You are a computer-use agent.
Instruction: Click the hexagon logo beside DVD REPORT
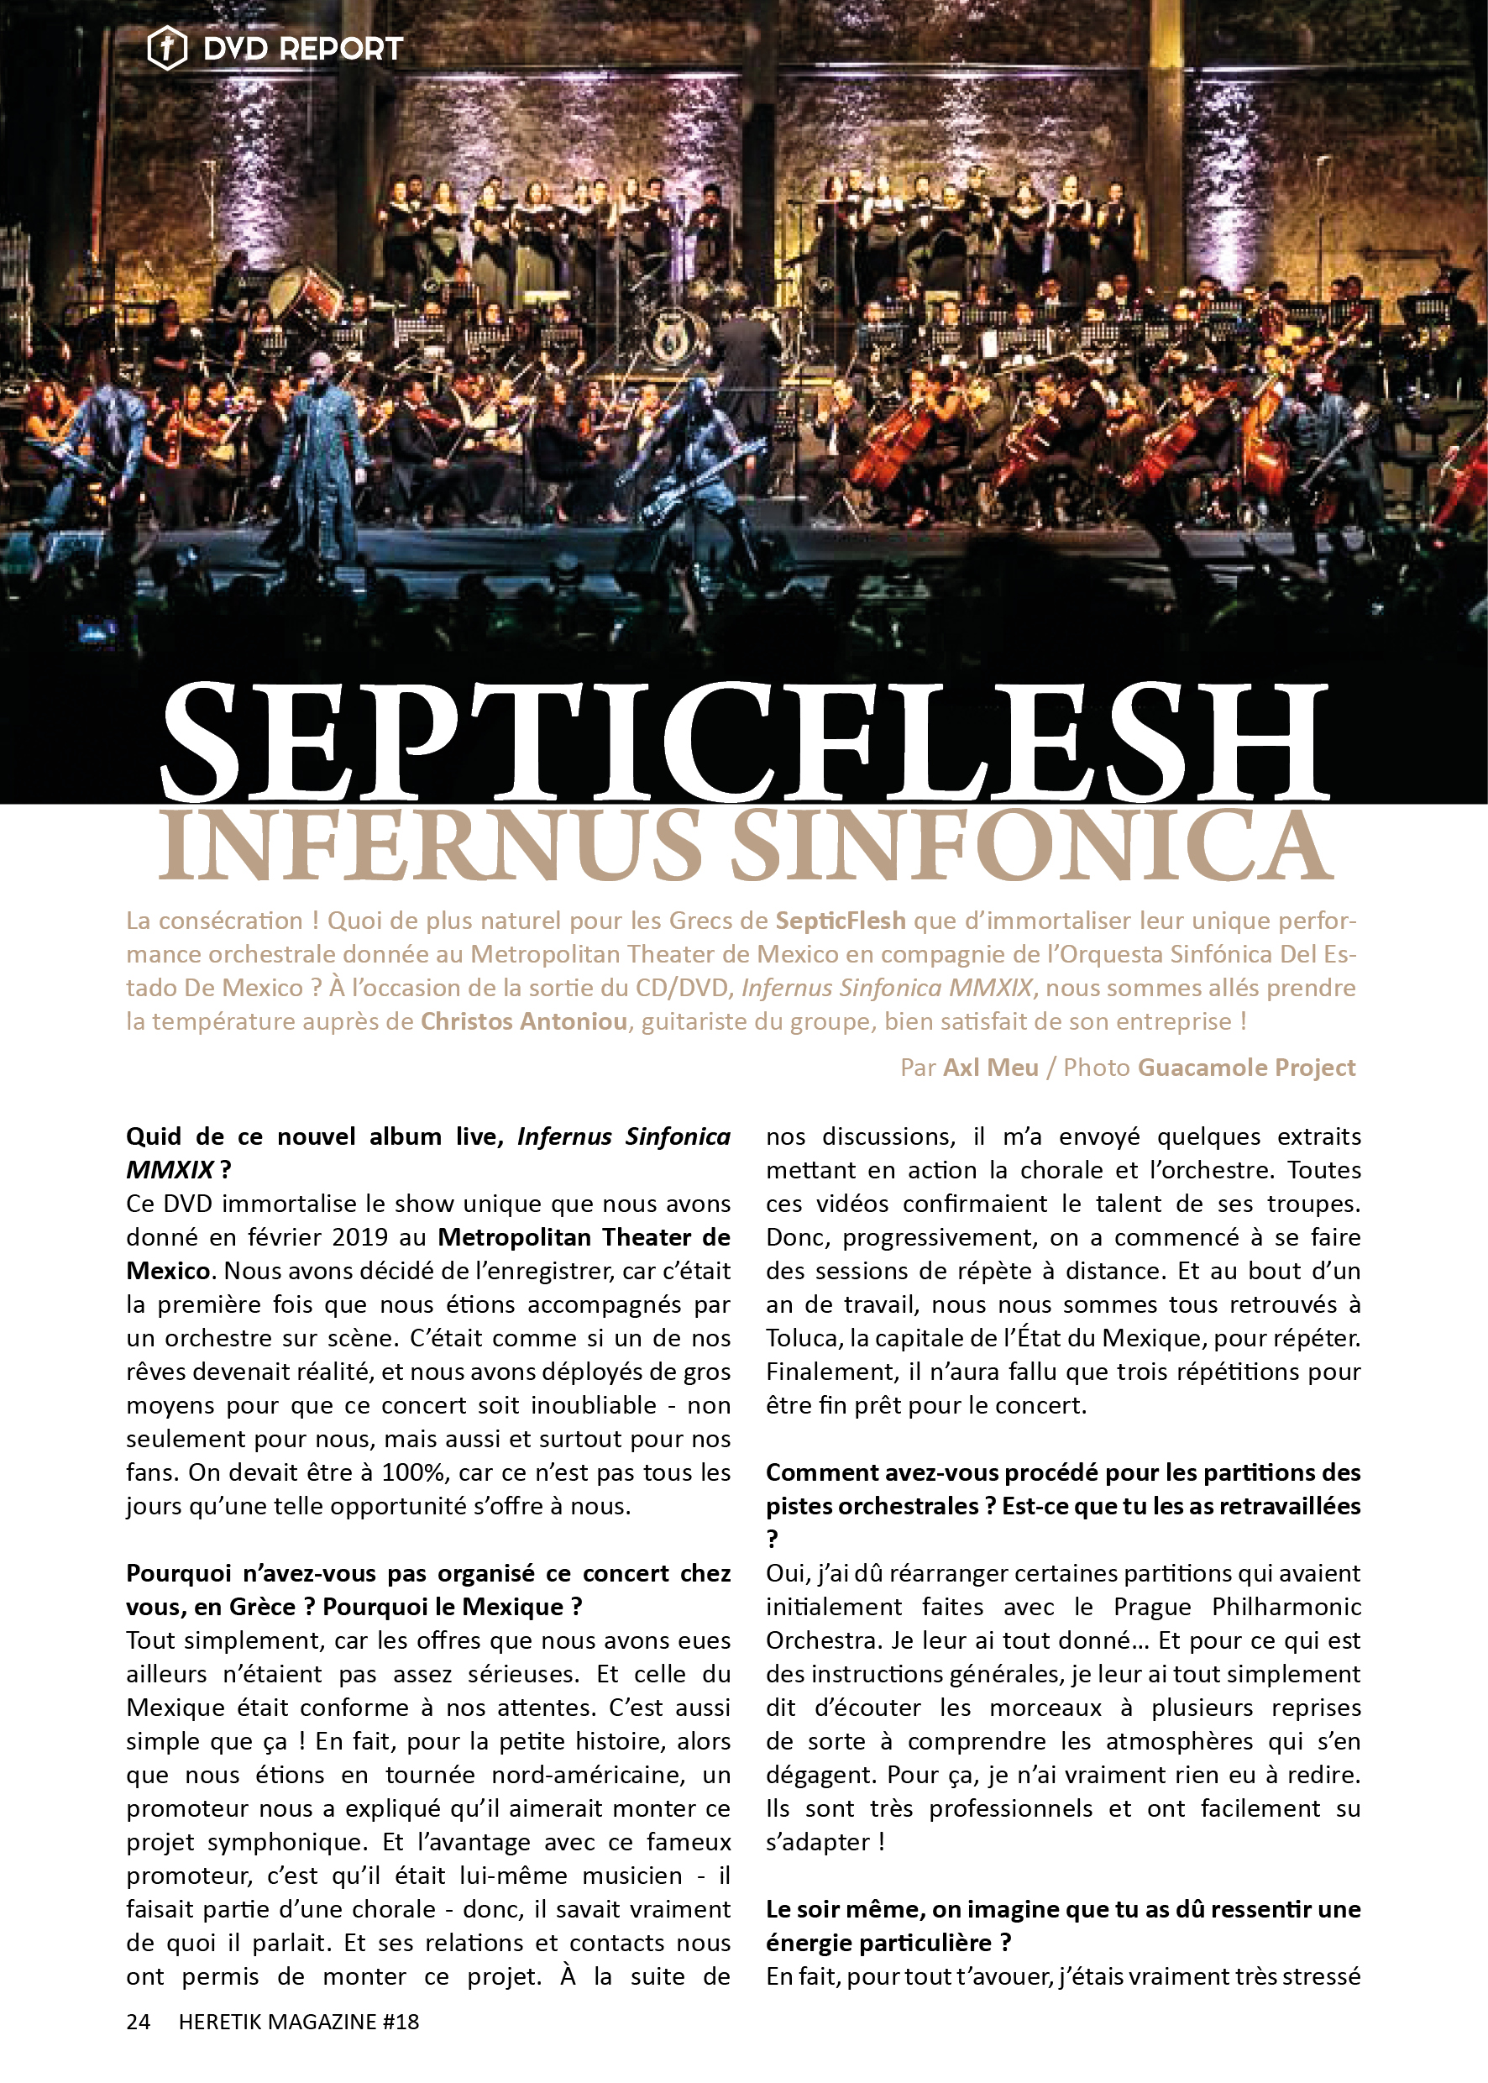(x=167, y=48)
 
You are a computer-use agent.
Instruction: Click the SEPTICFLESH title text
(x=743, y=742)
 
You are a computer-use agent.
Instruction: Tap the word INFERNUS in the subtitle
(x=431, y=845)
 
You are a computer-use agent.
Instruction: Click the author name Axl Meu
(x=991, y=1067)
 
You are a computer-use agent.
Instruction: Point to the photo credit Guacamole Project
(x=1246, y=1067)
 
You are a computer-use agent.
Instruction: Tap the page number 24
(x=139, y=2021)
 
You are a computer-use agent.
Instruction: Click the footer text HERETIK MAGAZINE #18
(x=299, y=2021)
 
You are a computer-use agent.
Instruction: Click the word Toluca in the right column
(x=804, y=1338)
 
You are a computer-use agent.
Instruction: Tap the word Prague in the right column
(x=1152, y=1607)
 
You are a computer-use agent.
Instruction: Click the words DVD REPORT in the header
(x=302, y=49)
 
